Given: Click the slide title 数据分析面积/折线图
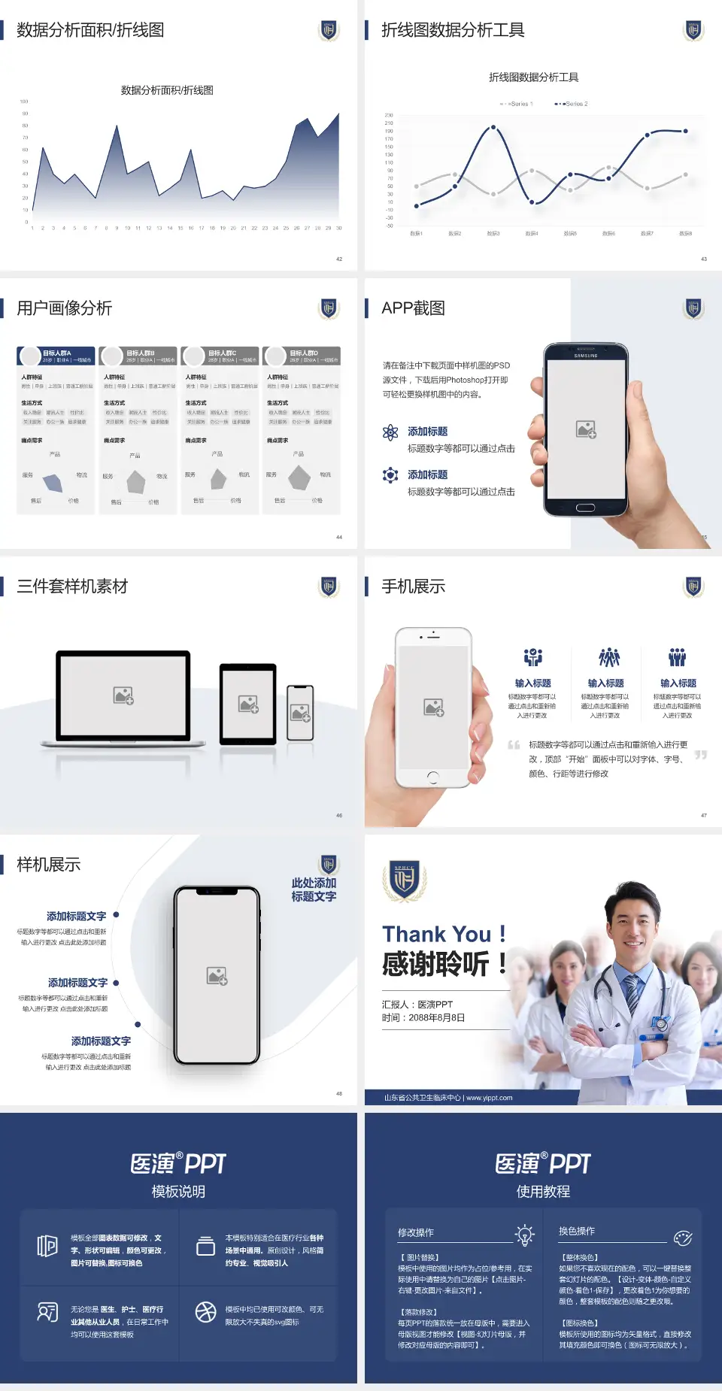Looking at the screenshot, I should point(90,30).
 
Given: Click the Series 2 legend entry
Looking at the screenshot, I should point(573,104).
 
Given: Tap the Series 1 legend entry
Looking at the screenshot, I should point(517,104).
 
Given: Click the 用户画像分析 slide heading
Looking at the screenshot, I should point(65,308).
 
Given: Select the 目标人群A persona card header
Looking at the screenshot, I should point(56,356).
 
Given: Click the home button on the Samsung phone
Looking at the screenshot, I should point(585,508).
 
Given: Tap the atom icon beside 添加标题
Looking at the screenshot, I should point(390,432).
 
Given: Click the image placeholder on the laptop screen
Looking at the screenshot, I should point(123,695).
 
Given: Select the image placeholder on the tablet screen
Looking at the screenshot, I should point(248,704).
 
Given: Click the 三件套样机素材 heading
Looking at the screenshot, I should point(72,586).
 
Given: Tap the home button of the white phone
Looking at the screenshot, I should point(433,777).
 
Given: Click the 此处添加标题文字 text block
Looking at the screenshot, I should point(314,889).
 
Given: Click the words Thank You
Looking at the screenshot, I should point(436,935).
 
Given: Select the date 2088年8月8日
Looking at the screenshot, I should point(437,1018).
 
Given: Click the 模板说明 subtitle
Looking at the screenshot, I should point(178,1192).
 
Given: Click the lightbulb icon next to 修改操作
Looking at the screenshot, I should point(524,1235).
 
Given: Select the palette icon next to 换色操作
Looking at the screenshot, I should point(683,1238).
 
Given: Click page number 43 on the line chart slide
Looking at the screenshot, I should point(704,259).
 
